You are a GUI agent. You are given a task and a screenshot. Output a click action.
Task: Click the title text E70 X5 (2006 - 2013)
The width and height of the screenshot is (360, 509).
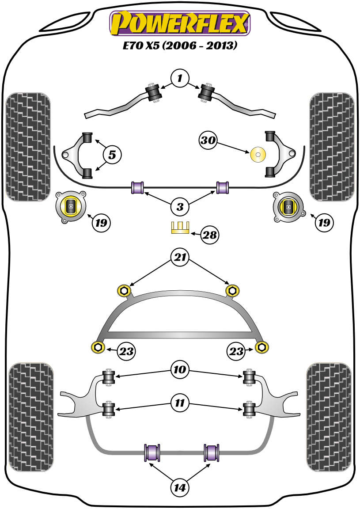(180, 46)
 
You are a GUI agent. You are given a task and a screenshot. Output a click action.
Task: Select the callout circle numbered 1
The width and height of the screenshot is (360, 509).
(180, 79)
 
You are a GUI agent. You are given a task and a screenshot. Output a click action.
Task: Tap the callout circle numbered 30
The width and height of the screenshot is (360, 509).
(208, 141)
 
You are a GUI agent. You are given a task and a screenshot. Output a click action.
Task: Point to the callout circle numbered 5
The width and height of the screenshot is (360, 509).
(112, 155)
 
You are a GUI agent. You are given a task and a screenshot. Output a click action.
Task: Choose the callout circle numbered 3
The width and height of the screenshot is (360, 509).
(180, 206)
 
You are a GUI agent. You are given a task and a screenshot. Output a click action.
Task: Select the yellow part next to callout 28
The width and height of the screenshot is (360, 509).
(180, 227)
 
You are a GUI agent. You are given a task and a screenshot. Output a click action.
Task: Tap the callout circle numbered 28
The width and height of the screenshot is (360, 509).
(209, 235)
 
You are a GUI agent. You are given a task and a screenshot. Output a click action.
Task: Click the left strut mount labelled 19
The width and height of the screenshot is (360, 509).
(70, 206)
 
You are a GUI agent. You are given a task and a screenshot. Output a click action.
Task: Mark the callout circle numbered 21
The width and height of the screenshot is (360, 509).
(180, 258)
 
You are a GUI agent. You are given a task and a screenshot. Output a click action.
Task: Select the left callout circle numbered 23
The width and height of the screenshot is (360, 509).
(125, 351)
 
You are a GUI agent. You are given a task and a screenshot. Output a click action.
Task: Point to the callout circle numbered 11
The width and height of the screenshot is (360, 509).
(180, 403)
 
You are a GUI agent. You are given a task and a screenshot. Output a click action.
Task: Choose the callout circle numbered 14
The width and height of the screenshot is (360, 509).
(180, 488)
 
